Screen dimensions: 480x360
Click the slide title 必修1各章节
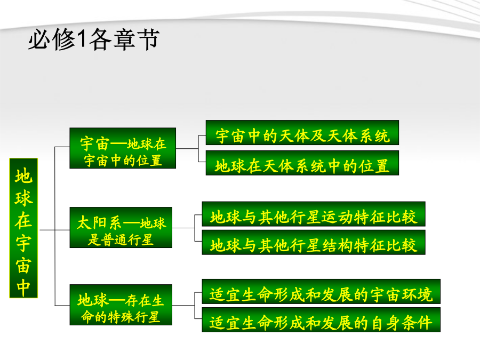tap(94, 39)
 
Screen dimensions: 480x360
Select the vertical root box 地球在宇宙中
tap(23, 228)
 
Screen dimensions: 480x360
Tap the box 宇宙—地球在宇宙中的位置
tap(123, 148)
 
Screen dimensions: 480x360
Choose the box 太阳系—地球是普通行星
tap(121, 227)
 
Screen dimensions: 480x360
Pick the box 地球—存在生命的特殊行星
tap(121, 305)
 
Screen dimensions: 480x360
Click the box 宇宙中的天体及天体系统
tap(302, 133)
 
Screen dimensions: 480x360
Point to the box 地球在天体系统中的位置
tap(302, 163)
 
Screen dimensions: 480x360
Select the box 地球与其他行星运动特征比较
tap(314, 214)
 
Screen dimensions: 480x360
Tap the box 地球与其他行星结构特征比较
tap(314, 243)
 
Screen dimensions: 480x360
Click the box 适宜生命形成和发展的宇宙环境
tap(321, 291)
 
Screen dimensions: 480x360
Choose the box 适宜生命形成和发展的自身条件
tap(321, 320)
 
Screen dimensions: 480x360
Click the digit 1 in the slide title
tap(82, 39)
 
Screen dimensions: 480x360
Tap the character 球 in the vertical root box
tap(23, 198)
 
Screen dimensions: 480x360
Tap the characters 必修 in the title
tap(52, 39)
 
